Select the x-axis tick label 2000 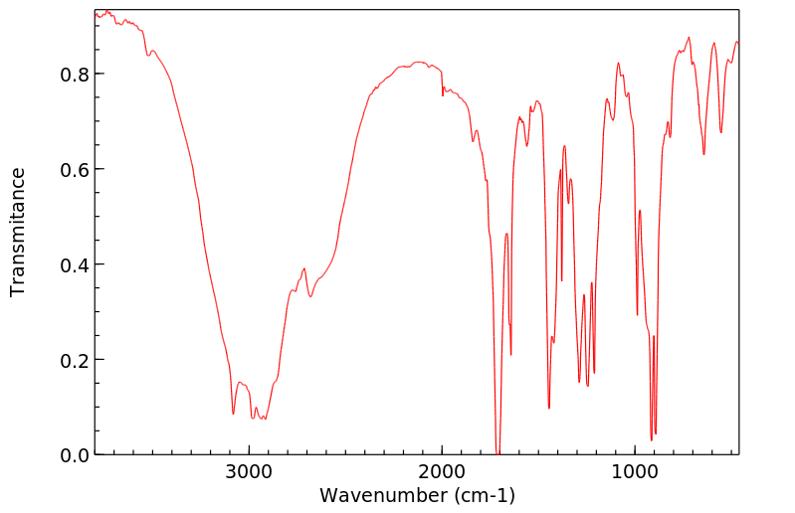coord(442,472)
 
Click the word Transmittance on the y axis coord(18,232)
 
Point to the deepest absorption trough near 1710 coord(497,452)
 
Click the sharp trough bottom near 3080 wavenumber coord(233,414)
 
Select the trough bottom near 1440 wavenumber coord(549,408)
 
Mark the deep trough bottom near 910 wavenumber coord(652,439)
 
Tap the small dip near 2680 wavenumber coord(310,296)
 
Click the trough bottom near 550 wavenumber coord(721,132)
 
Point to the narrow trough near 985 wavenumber coord(638,314)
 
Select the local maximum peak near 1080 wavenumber coord(618,64)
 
